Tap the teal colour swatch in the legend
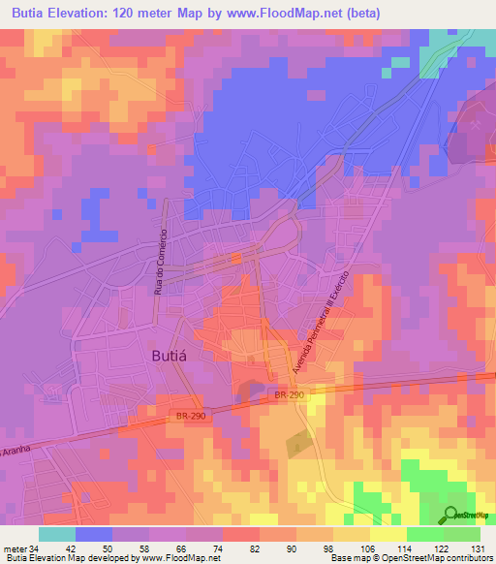(58, 534)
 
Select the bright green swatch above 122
(425, 534)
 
